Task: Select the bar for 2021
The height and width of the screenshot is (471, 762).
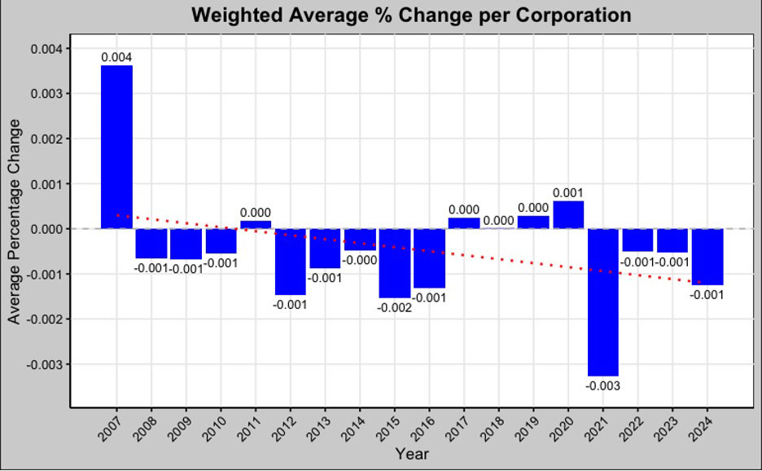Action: [603, 302]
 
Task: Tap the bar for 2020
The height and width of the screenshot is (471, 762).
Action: [568, 215]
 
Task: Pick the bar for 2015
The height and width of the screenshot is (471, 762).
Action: [394, 262]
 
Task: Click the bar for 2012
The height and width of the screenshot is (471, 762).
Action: [290, 261]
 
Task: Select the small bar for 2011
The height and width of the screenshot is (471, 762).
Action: [256, 224]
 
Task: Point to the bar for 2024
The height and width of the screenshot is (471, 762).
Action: [707, 256]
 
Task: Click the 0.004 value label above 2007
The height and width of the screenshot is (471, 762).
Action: [116, 57]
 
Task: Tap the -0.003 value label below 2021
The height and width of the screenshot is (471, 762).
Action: [603, 385]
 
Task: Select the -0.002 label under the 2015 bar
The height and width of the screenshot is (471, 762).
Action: [394, 307]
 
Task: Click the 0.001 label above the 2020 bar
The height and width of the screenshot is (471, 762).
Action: [568, 193]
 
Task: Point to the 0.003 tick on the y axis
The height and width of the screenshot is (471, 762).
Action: [46, 94]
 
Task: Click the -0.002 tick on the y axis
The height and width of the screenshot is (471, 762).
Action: [45, 319]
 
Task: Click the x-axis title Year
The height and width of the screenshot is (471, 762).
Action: [411, 454]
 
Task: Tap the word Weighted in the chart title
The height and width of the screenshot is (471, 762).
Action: [234, 15]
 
